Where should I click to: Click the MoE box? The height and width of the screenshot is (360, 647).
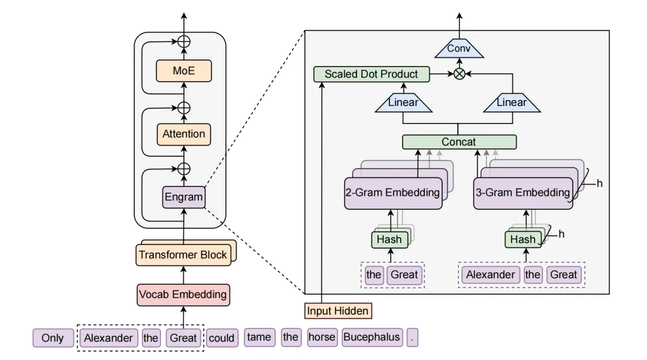pyautogui.click(x=184, y=71)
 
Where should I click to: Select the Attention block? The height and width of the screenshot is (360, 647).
pyautogui.click(x=184, y=134)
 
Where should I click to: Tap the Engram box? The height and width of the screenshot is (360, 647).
pyautogui.click(x=184, y=196)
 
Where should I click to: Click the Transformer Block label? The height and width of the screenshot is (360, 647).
pyautogui.click(x=183, y=255)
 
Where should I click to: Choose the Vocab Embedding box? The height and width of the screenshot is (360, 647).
pyautogui.click(x=183, y=294)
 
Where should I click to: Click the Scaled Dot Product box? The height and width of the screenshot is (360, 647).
pyautogui.click(x=371, y=74)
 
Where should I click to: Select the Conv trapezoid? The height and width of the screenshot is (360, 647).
pyautogui.click(x=459, y=49)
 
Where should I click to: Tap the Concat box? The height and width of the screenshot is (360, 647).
pyautogui.click(x=459, y=142)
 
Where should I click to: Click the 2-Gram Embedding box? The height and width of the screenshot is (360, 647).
pyautogui.click(x=392, y=193)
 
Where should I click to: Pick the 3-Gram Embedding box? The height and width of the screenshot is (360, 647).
pyautogui.click(x=522, y=193)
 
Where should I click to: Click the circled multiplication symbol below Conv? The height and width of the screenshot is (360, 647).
pyautogui.click(x=459, y=74)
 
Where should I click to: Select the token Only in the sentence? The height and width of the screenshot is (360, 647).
pyautogui.click(x=53, y=338)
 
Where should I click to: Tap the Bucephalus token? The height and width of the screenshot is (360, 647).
pyautogui.click(x=371, y=337)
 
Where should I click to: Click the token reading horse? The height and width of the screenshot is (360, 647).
pyautogui.click(x=322, y=337)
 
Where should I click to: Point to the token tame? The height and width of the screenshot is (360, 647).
pyautogui.click(x=259, y=337)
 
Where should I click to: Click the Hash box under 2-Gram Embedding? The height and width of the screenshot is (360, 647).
pyautogui.click(x=389, y=240)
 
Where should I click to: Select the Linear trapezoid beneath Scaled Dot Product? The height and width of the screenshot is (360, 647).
pyautogui.click(x=403, y=102)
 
